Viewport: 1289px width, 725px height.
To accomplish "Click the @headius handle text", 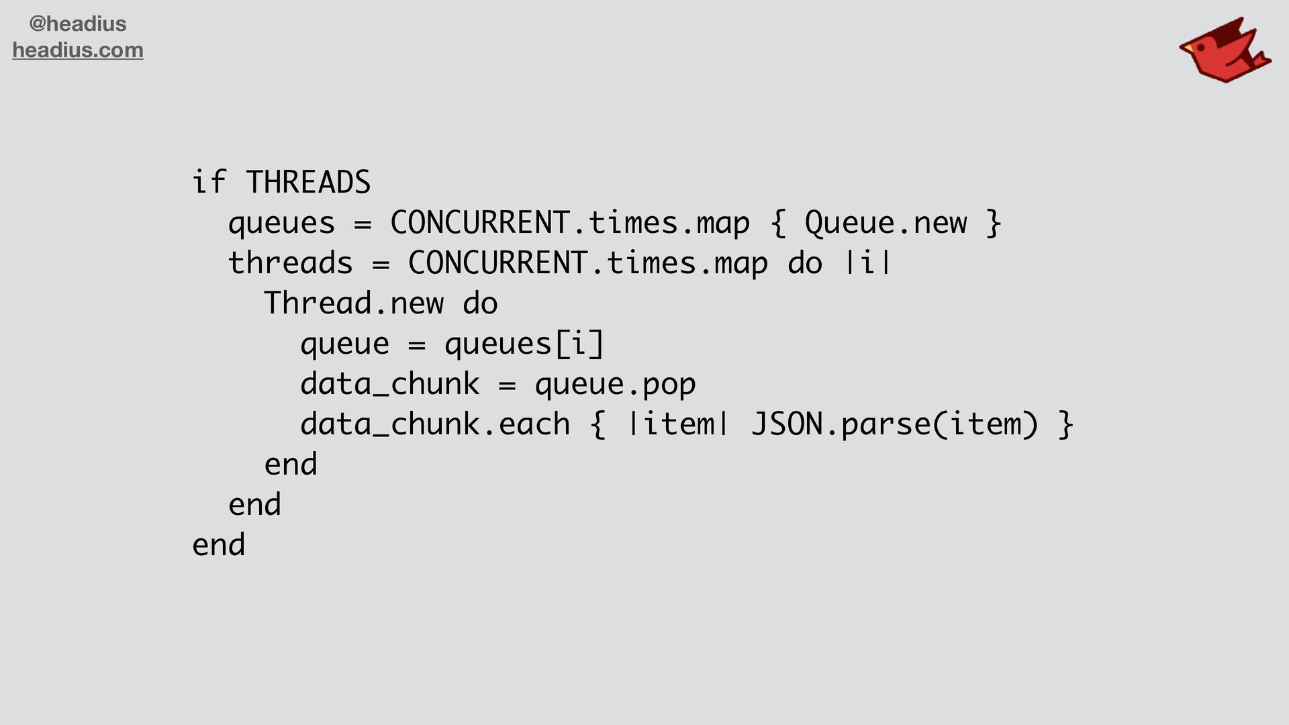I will point(78,24).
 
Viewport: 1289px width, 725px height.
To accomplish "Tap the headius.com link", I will point(78,50).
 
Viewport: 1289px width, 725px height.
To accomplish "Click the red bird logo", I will point(1225,51).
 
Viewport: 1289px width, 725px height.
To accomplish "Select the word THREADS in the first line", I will point(308,183).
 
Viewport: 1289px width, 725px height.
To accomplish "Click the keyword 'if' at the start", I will point(209,183).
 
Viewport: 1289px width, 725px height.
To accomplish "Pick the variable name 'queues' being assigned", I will point(281,223).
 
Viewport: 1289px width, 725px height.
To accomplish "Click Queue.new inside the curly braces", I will point(886,223).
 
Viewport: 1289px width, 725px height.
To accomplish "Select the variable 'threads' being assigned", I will point(290,263).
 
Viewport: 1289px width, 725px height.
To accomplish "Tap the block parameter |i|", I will point(868,263).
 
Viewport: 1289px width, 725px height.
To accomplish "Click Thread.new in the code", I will point(353,303).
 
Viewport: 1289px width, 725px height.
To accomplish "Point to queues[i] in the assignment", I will point(524,344).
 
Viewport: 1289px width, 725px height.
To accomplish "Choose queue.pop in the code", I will point(615,384).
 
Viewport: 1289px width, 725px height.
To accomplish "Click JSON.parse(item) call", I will point(895,424).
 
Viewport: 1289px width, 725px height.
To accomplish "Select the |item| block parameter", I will point(678,424).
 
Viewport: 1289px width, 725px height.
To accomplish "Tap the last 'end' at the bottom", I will point(219,545).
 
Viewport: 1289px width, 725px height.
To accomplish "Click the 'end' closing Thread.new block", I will point(291,465).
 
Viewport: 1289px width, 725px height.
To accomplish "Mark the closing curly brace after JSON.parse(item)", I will point(1066,424).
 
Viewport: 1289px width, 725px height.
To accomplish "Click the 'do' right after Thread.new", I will point(480,303).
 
